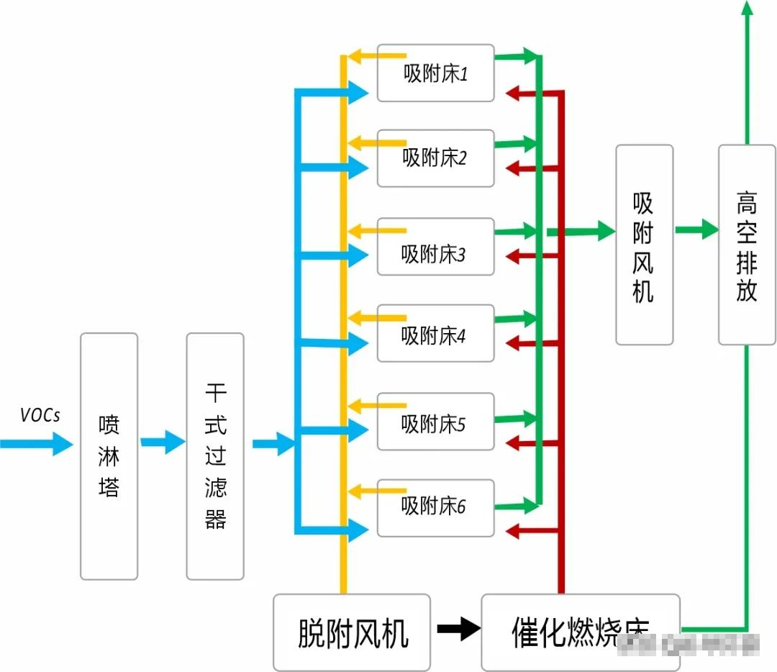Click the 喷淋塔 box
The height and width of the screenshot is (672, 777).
tap(109, 456)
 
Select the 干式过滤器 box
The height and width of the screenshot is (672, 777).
tap(215, 456)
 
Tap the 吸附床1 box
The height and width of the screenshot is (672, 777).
tap(436, 73)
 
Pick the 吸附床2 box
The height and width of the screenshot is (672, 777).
tap(436, 158)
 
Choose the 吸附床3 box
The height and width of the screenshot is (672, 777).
tap(436, 246)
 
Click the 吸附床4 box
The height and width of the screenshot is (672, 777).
tap(436, 333)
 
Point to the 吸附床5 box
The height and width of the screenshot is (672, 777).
tap(436, 421)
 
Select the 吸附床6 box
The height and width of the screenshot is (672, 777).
tap(436, 507)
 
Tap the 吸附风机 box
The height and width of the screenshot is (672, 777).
tap(645, 245)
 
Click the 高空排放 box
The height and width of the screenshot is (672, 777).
tap(747, 245)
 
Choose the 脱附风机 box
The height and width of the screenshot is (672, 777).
tap(352, 632)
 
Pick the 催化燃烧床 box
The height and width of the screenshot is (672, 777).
tap(580, 631)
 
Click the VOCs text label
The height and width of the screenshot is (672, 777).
tap(40, 415)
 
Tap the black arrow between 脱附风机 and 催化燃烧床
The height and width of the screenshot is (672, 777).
tap(458, 630)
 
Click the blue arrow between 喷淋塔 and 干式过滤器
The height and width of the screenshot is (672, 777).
tap(163, 441)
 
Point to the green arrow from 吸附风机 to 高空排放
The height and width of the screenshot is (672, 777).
tap(696, 230)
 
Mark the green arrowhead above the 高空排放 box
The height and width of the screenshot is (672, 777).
tap(747, 9)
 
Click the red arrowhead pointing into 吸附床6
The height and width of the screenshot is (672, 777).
tap(514, 532)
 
